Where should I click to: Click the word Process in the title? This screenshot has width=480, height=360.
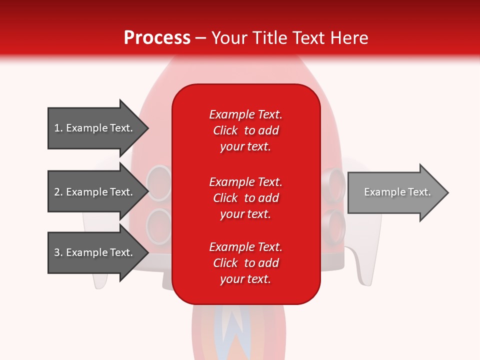pos(157,38)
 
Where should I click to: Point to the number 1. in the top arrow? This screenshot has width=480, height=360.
pos(58,128)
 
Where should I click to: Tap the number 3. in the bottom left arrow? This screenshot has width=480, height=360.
pos(58,252)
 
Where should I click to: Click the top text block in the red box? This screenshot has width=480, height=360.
pos(245,130)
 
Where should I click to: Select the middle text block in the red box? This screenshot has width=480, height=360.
pos(245,198)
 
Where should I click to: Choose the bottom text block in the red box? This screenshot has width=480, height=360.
pos(245,263)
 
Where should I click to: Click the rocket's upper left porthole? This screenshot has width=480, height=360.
pos(160,182)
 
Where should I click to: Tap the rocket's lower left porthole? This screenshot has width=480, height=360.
pos(160,225)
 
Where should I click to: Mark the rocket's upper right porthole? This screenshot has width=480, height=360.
pos(334,183)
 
